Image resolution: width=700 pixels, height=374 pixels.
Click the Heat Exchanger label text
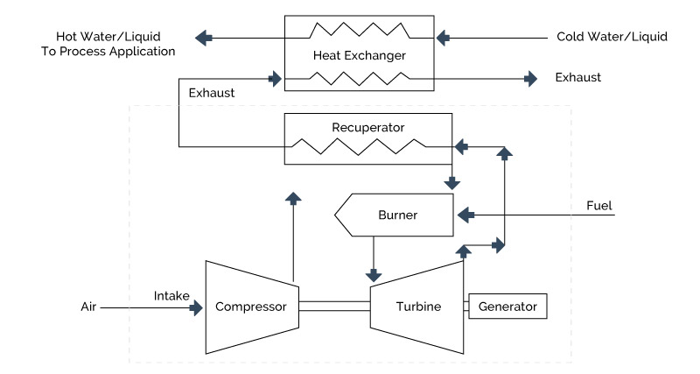tap(360, 57)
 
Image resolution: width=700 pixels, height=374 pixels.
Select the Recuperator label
tap(367, 127)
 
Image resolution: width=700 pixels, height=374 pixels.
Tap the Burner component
tap(397, 215)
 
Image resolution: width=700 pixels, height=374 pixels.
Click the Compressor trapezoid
tap(252, 307)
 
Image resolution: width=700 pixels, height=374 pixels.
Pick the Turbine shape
tap(415, 307)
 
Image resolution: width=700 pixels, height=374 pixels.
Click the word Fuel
tap(599, 206)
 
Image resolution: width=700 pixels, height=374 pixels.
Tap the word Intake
tap(171, 296)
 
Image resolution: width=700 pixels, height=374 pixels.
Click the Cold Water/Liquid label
tap(612, 37)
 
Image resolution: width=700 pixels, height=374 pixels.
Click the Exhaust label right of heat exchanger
tap(578, 78)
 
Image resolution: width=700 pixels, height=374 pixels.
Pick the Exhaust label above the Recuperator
tap(211, 91)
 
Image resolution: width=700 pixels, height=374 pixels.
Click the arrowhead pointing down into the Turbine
tap(374, 271)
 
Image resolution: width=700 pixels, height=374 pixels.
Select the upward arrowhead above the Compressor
tap(295, 196)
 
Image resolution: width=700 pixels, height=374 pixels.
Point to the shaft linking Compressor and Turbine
tap(333, 307)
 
